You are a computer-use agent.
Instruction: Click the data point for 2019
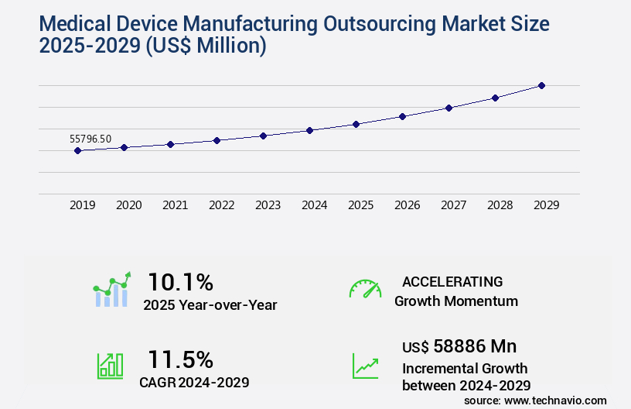coord(77,150)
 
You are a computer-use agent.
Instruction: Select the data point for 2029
coord(541,85)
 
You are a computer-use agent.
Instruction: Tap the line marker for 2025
coord(356,124)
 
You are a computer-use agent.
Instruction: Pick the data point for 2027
coord(449,108)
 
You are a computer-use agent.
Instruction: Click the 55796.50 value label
coord(90,139)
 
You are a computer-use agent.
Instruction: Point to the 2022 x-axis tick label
coord(221,205)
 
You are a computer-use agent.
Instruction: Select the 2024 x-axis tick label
coord(314,205)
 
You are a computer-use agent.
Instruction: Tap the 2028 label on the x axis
coord(500,205)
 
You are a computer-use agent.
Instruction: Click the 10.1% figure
coord(180,281)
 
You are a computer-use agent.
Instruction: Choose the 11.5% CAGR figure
coord(180,359)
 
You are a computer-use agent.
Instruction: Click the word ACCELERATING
coord(452,281)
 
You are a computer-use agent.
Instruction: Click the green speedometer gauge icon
coord(365,288)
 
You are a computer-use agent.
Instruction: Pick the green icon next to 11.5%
coord(110,365)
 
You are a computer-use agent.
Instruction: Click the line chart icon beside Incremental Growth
coord(365,365)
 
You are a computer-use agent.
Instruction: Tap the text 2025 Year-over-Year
coord(210,304)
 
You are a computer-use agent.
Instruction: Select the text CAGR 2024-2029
coord(196,382)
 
